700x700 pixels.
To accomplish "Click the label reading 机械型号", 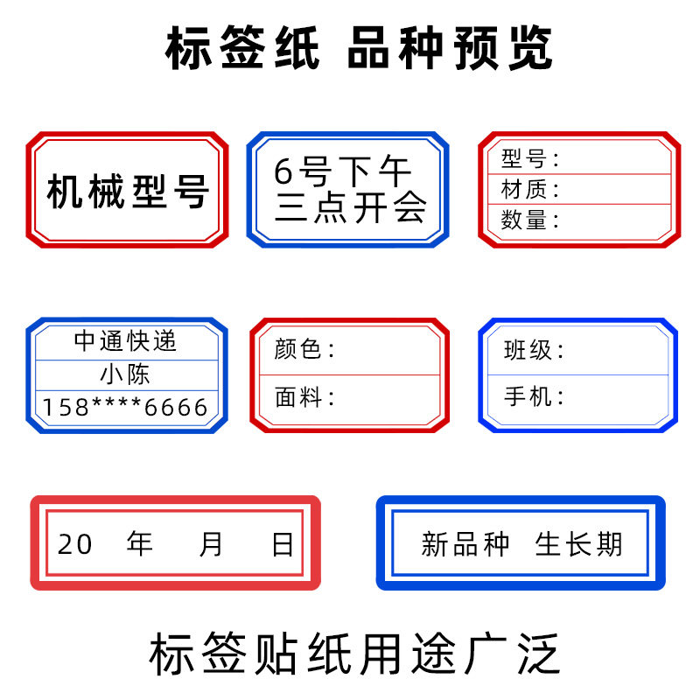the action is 128,192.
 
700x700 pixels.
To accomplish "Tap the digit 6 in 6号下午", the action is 283,171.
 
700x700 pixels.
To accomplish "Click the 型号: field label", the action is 529,159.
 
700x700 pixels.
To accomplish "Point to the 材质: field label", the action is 529,189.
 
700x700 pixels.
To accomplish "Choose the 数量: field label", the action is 529,220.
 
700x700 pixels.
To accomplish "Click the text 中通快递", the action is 126,341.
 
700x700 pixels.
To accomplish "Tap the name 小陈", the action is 126,374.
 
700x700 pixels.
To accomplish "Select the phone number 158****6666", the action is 126,407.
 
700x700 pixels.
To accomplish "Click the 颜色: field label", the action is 304,350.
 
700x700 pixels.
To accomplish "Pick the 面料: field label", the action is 304,398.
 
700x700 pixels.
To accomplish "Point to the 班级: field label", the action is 534,350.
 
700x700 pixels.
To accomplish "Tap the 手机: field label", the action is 534,396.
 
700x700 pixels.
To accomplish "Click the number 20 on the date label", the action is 74,544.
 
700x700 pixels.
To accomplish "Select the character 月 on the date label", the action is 211,544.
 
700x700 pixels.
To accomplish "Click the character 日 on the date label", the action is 283,544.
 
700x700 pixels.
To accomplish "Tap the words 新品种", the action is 465,544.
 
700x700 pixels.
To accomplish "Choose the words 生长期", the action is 578,544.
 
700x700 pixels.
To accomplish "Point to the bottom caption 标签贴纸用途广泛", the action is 350,654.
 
